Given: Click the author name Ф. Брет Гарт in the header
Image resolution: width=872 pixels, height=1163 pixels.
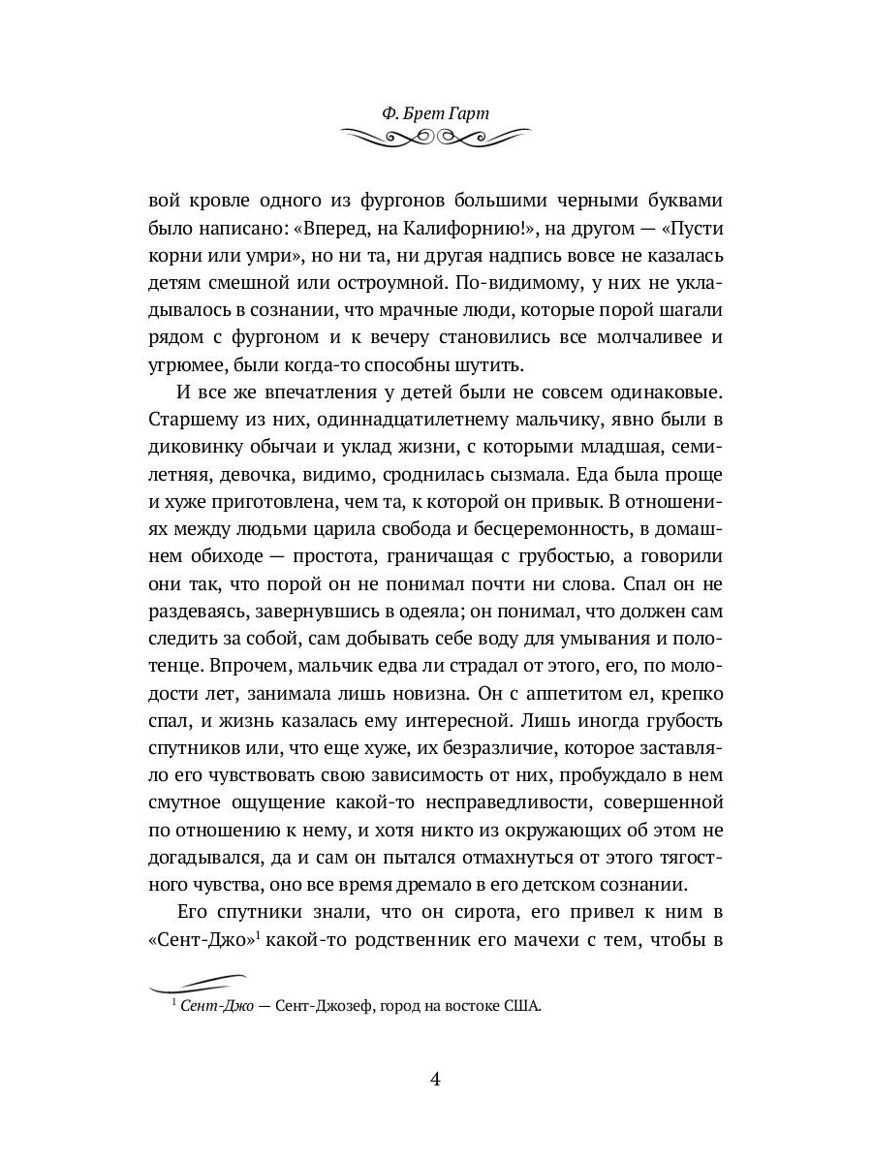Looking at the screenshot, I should [435, 113].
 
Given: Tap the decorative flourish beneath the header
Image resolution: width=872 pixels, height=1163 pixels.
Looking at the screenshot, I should [435, 139].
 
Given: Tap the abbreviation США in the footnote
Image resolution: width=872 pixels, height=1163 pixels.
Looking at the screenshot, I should [522, 1006].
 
